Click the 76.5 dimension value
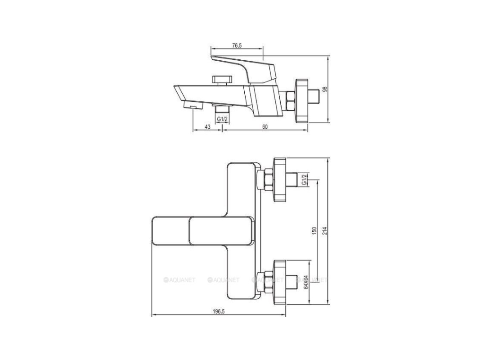(237, 45)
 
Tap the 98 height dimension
(325, 89)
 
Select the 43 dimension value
(207, 127)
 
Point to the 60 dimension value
(265, 127)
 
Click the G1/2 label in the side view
(222, 119)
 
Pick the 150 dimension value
(314, 231)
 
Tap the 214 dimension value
(325, 230)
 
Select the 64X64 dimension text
(305, 282)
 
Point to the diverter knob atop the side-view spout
(222, 79)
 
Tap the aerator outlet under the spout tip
(193, 106)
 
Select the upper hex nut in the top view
(265, 180)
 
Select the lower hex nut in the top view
(265, 282)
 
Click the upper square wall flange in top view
(279, 180)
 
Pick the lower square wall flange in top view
(279, 282)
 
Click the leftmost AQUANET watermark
(179, 280)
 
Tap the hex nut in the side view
(290, 101)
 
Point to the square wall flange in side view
(301, 101)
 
